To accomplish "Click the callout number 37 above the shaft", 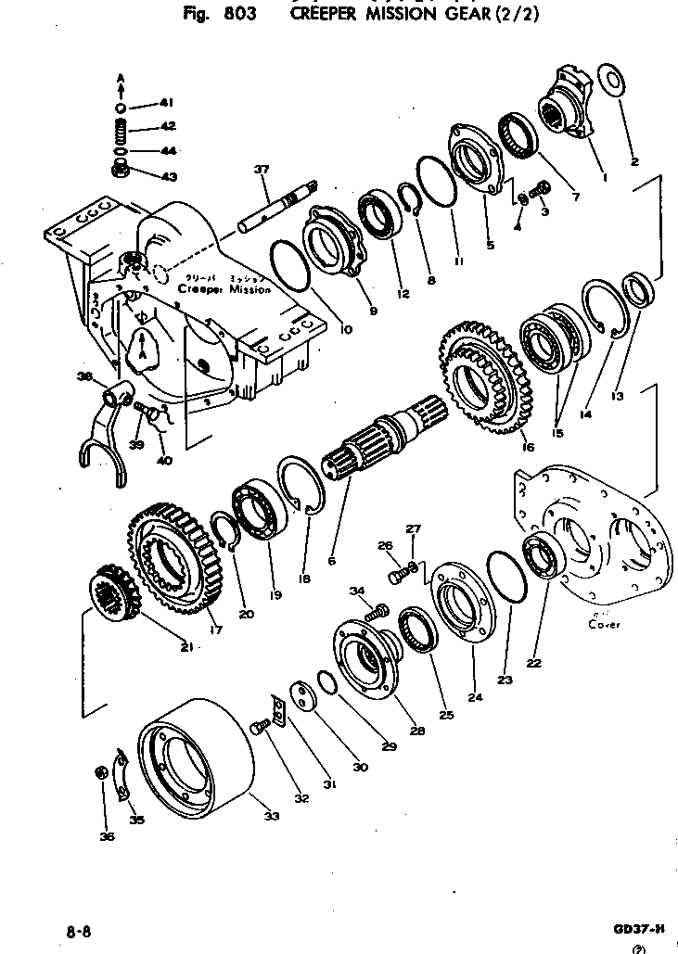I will tap(261, 169).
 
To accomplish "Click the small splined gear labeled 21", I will tap(116, 594).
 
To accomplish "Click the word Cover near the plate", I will tap(605, 625).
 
